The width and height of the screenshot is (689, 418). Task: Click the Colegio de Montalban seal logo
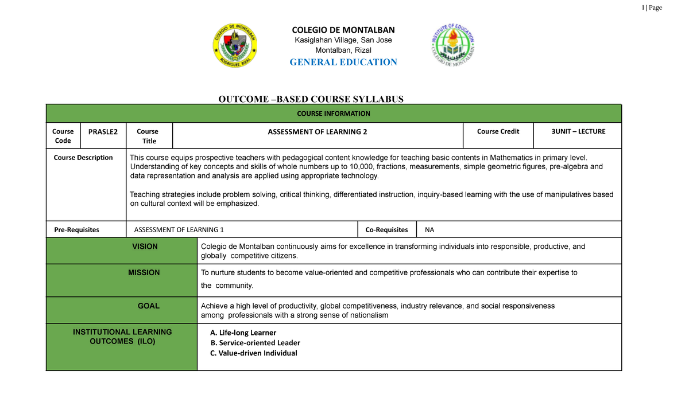click(x=235, y=45)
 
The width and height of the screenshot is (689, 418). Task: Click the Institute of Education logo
click(x=453, y=45)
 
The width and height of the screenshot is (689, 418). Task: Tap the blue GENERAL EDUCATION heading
click(x=343, y=62)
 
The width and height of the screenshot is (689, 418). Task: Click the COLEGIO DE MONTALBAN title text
click(x=343, y=30)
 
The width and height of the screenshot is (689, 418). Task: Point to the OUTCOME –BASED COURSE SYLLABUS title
click(x=311, y=99)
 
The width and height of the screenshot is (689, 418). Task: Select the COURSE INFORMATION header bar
click(x=334, y=114)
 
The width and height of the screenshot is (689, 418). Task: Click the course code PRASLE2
click(x=103, y=131)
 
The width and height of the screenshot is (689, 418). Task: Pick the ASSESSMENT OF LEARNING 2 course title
click(x=318, y=132)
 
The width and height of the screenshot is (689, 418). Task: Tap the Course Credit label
click(x=498, y=131)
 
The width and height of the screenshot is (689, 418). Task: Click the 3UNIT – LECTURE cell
click(x=578, y=131)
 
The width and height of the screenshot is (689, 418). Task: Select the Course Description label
click(x=83, y=158)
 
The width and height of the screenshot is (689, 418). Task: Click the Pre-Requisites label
click(x=76, y=229)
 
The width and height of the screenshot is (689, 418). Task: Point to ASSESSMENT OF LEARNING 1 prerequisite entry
click(x=179, y=229)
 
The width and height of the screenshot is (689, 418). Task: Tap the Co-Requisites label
click(x=386, y=229)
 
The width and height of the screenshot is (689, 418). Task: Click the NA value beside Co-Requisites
click(x=429, y=229)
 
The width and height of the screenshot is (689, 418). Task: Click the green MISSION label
click(x=144, y=272)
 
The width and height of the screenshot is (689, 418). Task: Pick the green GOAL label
click(x=149, y=306)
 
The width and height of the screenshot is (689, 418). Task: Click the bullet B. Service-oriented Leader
click(x=256, y=343)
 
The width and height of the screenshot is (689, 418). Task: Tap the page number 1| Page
click(x=653, y=7)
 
